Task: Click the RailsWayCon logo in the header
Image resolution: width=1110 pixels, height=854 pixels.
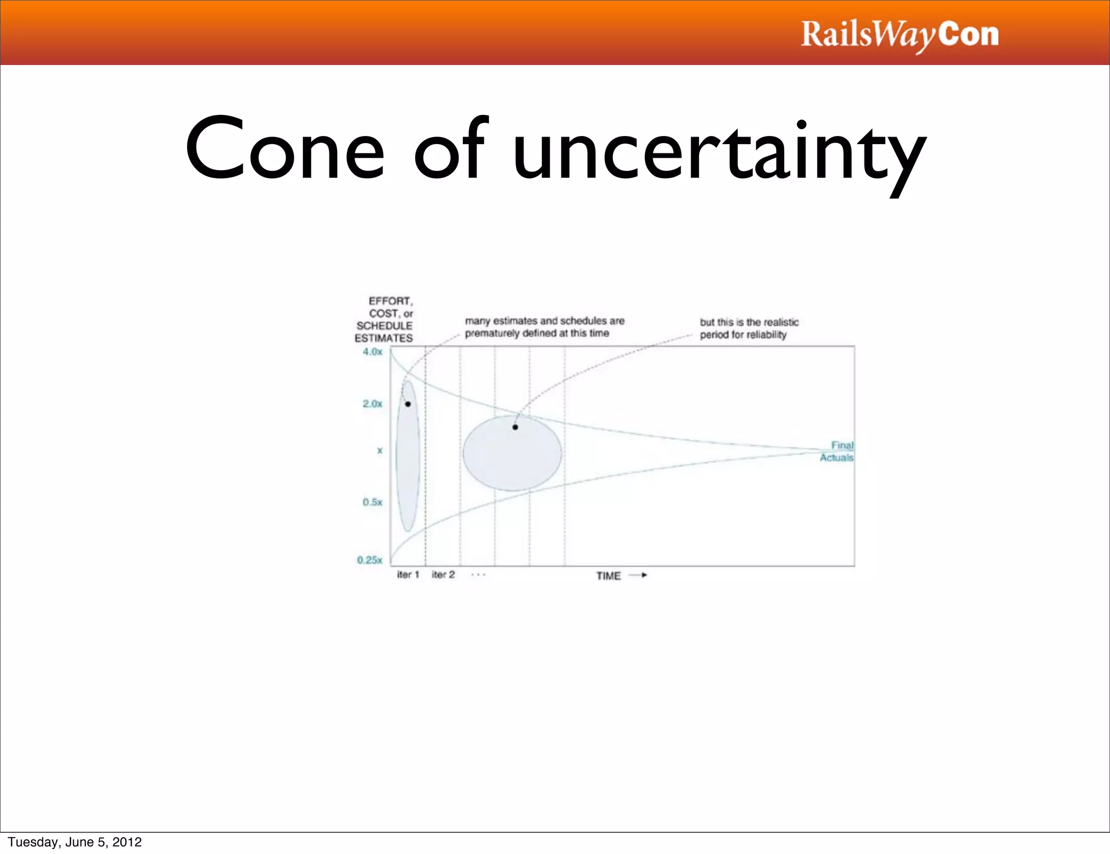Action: (x=899, y=35)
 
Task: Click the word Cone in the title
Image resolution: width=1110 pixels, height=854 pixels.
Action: (x=285, y=150)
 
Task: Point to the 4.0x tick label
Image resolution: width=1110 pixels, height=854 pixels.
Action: (x=372, y=352)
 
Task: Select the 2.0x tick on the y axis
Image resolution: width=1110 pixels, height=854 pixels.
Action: (x=372, y=404)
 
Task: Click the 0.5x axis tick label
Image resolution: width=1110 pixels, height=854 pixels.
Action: (x=372, y=502)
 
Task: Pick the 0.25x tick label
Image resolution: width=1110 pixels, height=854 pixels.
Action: (x=370, y=560)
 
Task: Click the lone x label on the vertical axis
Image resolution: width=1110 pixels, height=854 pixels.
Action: (x=379, y=450)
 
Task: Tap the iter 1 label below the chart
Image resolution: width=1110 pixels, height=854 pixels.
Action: (x=408, y=574)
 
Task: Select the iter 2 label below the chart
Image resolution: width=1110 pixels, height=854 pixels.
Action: (x=443, y=574)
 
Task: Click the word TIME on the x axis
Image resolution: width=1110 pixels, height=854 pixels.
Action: (x=608, y=576)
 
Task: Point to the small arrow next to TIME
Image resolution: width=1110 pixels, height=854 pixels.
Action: (x=638, y=575)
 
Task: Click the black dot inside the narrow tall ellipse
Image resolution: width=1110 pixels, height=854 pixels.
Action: (x=408, y=404)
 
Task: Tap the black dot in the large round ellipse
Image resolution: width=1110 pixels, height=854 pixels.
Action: (x=515, y=427)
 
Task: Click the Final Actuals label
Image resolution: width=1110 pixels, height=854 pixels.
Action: (x=837, y=451)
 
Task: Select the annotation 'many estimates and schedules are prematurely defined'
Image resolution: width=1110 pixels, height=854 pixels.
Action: (x=544, y=327)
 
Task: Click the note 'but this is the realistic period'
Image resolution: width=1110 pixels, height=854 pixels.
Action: (x=748, y=328)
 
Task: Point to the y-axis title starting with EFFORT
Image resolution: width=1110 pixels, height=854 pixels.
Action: (x=384, y=320)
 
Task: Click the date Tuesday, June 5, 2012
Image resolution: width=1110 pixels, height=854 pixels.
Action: (x=75, y=842)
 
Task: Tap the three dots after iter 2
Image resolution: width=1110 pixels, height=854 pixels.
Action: (x=478, y=574)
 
